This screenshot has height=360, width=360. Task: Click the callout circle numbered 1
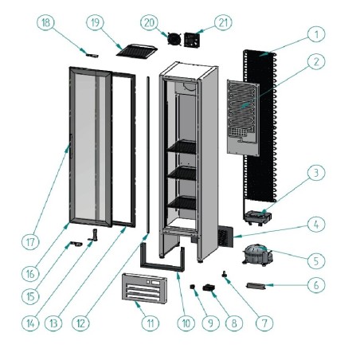[316, 34]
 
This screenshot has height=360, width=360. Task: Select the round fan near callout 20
[170, 37]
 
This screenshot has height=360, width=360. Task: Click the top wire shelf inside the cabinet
[181, 146]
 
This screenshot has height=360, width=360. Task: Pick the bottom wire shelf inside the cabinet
[181, 202]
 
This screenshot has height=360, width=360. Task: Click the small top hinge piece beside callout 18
[89, 55]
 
